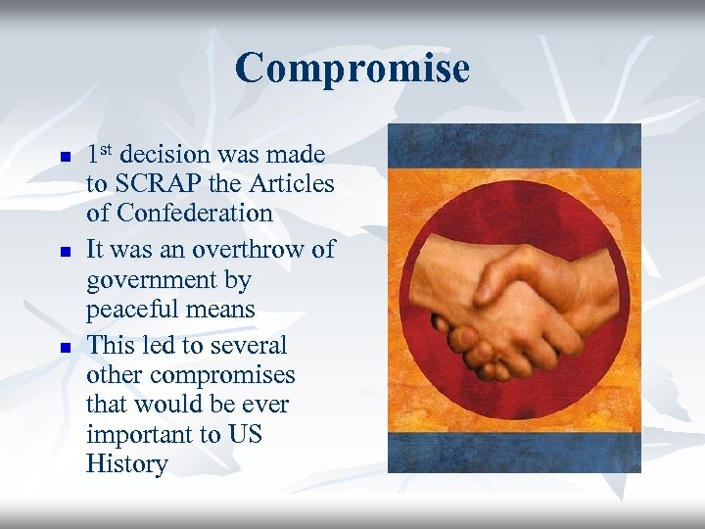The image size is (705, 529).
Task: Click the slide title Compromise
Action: coord(352,69)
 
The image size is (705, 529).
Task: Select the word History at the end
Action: coord(126,463)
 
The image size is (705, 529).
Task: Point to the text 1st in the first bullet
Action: coord(100,154)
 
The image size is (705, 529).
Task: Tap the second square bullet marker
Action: coord(64,252)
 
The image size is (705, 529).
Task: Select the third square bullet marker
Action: coord(64,348)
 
